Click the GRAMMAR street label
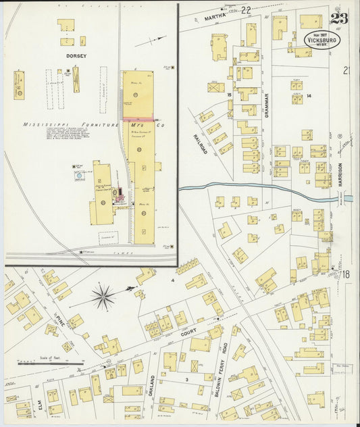(267, 105)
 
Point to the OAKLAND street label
(153, 386)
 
